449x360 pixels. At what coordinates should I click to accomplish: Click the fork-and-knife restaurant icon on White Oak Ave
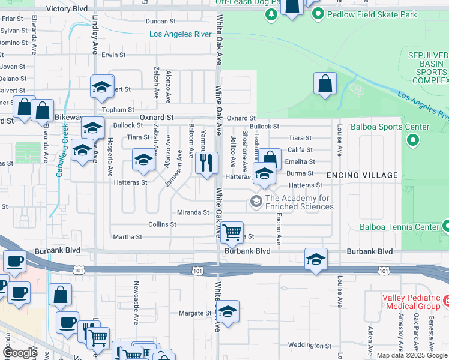[207, 163]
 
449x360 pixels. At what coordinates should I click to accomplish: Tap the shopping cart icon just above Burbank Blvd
[232, 232]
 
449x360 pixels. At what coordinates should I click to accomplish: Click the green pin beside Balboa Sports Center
[412, 141]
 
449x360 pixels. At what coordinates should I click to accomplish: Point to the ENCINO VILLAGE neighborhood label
[362, 175]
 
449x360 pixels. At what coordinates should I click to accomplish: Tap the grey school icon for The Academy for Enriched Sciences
[256, 201]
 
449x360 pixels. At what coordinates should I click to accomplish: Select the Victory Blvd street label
[67, 9]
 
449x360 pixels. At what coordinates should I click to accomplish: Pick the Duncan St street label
[160, 21]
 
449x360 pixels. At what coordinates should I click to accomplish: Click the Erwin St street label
[113, 55]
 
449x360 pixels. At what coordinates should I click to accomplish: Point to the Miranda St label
[193, 212]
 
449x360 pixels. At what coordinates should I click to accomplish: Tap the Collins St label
[162, 224]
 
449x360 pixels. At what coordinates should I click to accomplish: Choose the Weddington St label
[309, 345]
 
